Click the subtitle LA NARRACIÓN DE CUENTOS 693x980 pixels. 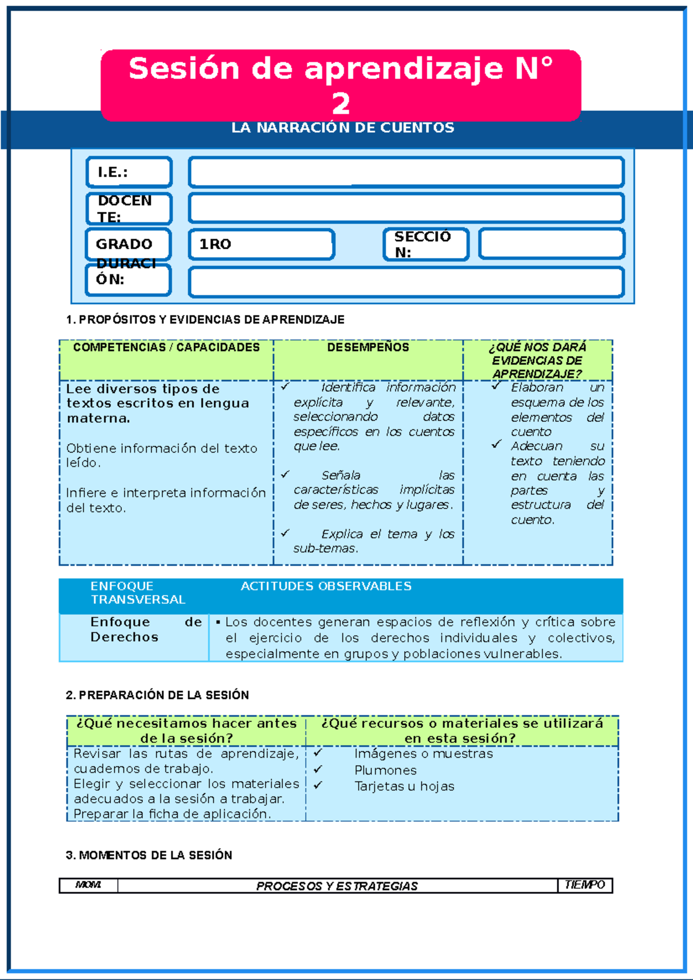click(342, 128)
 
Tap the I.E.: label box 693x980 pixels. click(129, 172)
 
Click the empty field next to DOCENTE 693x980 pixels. click(406, 208)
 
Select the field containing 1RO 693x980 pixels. click(261, 244)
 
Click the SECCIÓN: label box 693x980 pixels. click(426, 244)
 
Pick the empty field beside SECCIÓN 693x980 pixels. click(552, 244)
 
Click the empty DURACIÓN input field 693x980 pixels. click(406, 282)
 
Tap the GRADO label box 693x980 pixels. click(128, 244)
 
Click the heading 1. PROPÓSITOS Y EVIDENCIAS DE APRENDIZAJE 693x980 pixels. click(205, 320)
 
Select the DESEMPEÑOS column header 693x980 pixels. click(368, 347)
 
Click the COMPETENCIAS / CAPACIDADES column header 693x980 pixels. click(166, 347)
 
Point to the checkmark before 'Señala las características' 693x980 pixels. click(285, 474)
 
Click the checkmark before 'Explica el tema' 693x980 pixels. click(285, 533)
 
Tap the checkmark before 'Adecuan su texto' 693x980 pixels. click(496, 444)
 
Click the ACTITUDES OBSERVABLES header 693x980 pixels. click(326, 586)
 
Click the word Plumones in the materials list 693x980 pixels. click(385, 770)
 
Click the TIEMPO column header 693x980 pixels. click(584, 885)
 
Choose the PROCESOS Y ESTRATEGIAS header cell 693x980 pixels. click(337, 886)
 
